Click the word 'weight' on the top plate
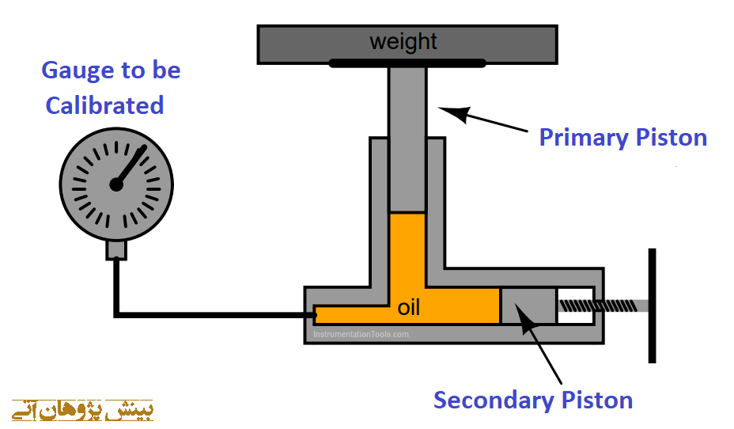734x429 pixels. [403, 40]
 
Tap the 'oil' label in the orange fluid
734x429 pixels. [408, 307]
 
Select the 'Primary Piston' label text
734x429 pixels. [622, 138]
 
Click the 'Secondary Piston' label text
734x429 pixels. [533, 400]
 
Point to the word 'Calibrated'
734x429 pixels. [104, 105]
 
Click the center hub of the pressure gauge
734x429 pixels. [116, 184]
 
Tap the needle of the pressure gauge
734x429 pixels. [132, 164]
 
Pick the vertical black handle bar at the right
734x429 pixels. [652, 306]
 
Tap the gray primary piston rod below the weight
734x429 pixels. [407, 135]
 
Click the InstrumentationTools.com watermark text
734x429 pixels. [361, 334]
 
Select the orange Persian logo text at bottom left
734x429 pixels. [83, 410]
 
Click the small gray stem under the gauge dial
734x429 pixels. [116, 249]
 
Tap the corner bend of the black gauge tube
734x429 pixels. [117, 315]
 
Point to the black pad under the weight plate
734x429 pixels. [407, 63]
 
